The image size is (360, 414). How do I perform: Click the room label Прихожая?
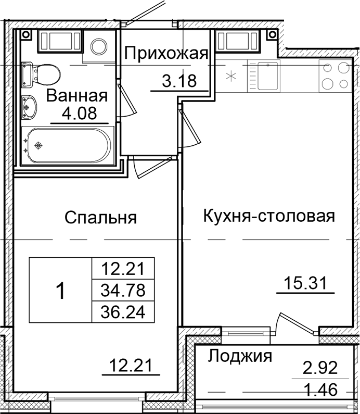coord(166,54)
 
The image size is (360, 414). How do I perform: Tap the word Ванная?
coord(76,96)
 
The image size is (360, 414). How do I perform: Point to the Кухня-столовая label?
coord(268,216)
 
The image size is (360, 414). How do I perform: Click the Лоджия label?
coord(240,357)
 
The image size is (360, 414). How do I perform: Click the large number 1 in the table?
coord(60,291)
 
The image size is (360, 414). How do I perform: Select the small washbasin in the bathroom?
coord(30,106)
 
